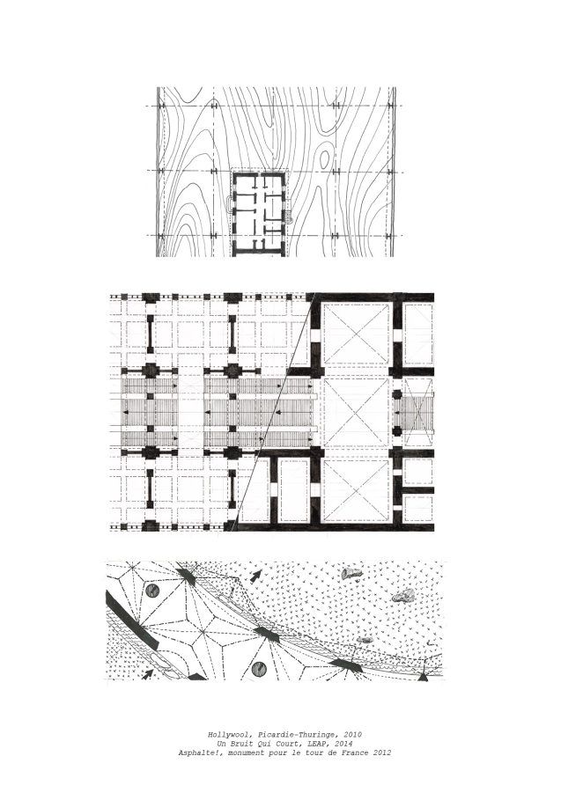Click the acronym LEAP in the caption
pos(315,744)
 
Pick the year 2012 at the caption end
pos(382,753)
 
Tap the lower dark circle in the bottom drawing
pos(259,669)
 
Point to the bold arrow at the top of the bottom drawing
pos(257,575)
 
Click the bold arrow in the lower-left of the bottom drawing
pos(148,673)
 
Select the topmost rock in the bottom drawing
pos(351,573)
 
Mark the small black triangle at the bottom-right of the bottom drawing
pos(423,675)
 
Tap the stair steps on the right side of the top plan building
pos(290,218)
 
